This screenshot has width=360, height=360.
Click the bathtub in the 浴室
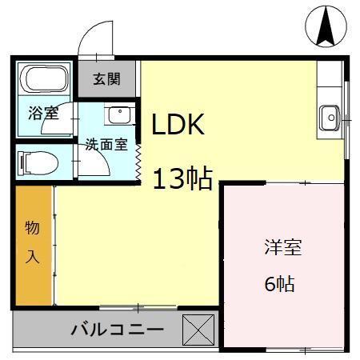tap(44, 79)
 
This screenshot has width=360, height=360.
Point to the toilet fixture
tap(41, 162)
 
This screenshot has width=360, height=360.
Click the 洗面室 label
tap(106, 145)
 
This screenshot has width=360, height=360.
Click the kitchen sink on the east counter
tap(329, 118)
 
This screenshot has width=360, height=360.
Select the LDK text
tap(180, 125)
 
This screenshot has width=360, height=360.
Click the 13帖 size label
tap(182, 178)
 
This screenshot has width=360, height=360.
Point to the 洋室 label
tap(282, 248)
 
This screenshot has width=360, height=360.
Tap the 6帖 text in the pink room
tap(280, 283)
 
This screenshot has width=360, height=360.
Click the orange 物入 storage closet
tap(32, 245)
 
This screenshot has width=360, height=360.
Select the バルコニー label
tap(117, 329)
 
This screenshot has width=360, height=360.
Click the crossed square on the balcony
tap(198, 330)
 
